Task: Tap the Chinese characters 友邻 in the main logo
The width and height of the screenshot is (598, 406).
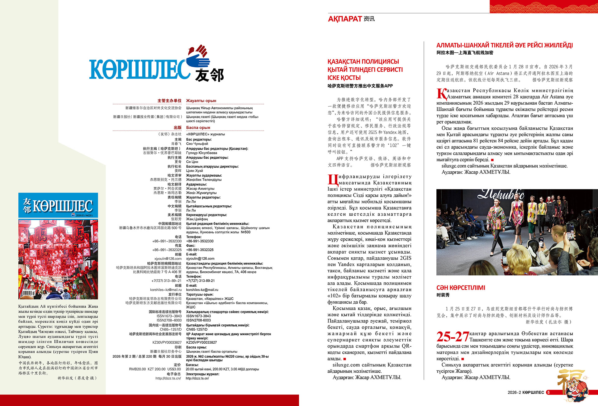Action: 209,75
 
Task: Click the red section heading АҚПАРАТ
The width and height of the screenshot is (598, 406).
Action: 345,19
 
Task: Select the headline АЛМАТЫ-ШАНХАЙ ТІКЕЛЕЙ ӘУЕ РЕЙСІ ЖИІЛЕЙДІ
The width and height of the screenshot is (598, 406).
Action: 504,45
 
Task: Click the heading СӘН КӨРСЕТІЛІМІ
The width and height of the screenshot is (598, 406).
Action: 461,288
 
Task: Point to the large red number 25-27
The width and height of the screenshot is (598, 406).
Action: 452,337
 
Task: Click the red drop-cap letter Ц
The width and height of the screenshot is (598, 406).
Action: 332,179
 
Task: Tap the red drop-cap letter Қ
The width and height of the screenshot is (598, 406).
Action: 441,93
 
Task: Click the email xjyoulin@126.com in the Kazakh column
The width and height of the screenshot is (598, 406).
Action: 200,259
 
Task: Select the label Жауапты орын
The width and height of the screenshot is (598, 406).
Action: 201,101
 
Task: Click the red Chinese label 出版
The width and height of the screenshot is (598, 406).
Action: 178,127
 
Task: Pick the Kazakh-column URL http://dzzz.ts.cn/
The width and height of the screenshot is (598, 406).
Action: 197,378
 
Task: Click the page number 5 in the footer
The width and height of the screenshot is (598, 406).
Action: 548,392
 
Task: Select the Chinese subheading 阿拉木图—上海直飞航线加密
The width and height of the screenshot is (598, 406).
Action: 465,53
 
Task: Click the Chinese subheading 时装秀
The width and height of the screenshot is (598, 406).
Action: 443,295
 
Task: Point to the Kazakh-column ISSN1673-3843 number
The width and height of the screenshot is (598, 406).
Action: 198,316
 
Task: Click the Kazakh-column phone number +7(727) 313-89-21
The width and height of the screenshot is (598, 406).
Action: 200,281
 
